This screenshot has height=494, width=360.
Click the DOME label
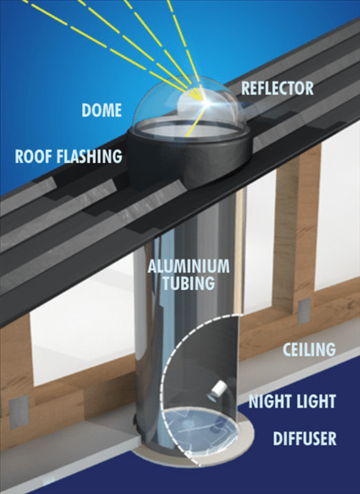pos(101,110)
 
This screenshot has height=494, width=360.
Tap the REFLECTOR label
pos(278,88)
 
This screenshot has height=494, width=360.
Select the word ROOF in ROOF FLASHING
pos(33,156)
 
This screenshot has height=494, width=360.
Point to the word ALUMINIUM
pos(189,267)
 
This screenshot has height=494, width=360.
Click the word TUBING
pos(188,283)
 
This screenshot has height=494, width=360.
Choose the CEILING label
pos(309,349)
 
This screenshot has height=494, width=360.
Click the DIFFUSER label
pos(305,439)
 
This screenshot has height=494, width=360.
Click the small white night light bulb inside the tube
pos(217,390)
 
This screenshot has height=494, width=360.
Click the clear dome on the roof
pos(189,107)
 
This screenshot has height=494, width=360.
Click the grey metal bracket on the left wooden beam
pos(19,412)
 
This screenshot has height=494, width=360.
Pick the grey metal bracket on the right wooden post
pos(304,310)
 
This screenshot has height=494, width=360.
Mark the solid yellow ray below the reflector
pos(194,120)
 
